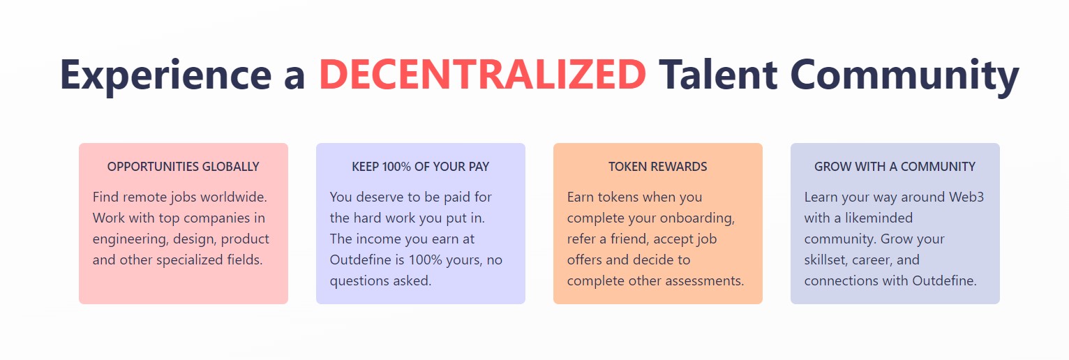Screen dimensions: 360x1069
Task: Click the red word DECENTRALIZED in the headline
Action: (482, 75)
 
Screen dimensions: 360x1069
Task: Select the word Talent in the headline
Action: (718, 75)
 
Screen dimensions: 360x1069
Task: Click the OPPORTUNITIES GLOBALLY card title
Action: (184, 167)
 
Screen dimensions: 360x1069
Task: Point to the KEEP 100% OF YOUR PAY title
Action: (421, 167)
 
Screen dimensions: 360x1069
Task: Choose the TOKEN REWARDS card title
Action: (657, 167)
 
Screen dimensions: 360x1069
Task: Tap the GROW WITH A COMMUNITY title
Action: (895, 167)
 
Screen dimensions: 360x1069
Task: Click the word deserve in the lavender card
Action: (379, 197)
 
